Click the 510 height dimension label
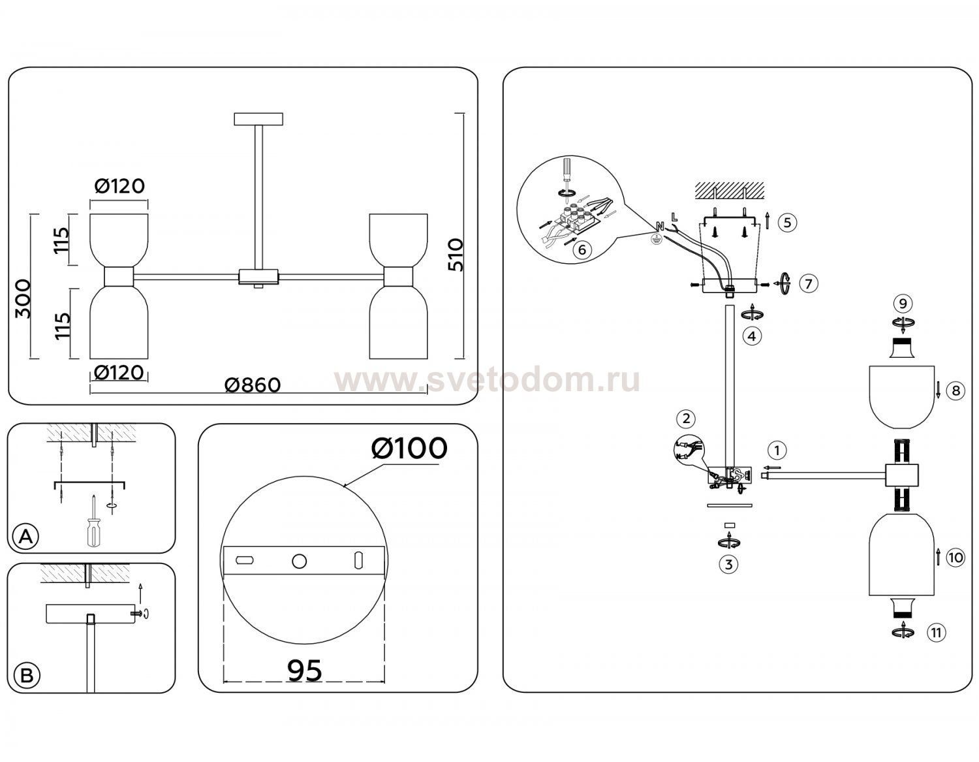click(x=456, y=255)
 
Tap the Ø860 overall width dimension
click(x=253, y=385)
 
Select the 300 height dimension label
click(x=23, y=299)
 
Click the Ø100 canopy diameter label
click(x=409, y=449)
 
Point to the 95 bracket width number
click(x=305, y=671)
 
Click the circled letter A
click(x=26, y=536)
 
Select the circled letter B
click(x=27, y=676)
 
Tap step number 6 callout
click(x=582, y=249)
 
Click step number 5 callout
click(x=787, y=223)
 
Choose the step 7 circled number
click(x=809, y=283)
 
